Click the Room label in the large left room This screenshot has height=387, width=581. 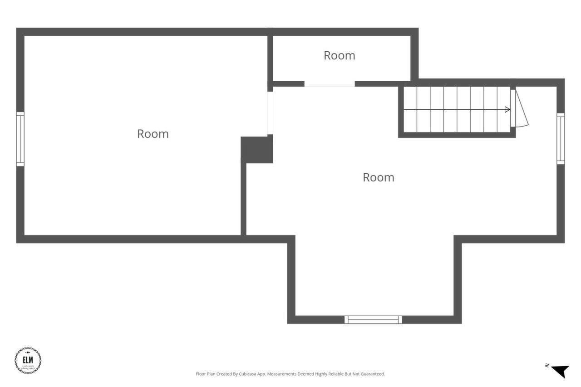[x=153, y=134]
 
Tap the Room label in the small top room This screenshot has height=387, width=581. [x=339, y=55]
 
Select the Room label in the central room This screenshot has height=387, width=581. [x=378, y=177]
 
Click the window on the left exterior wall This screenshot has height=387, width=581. [x=20, y=139]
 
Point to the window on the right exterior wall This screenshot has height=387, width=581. [x=561, y=138]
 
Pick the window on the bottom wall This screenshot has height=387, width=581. [x=373, y=319]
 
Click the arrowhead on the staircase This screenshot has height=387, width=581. [x=507, y=109]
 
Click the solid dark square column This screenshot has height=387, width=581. [x=256, y=149]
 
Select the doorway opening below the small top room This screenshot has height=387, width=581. [x=329, y=84]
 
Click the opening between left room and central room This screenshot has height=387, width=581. [x=270, y=113]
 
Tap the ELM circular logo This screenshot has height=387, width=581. [x=28, y=361]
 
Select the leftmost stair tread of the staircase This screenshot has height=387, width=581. [x=410, y=109]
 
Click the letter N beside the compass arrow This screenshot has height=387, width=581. [x=547, y=365]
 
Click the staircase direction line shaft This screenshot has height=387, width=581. [x=454, y=109]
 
